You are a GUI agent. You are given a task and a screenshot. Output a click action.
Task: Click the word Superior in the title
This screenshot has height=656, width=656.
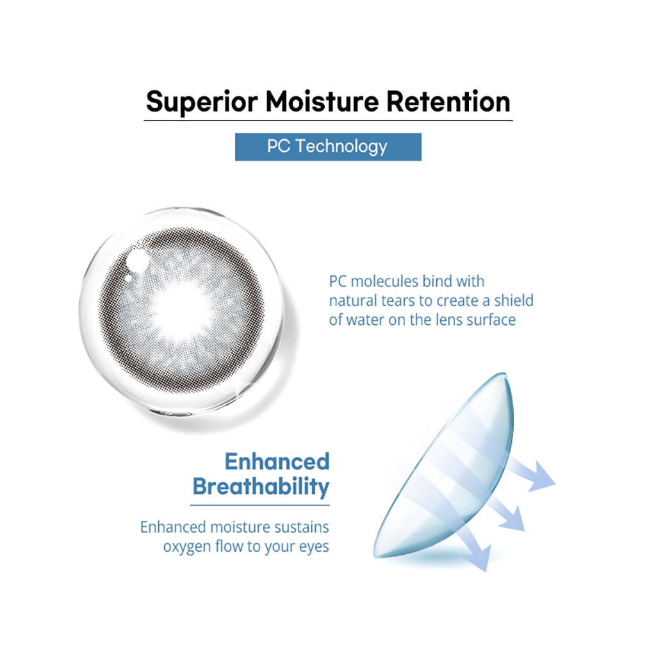coord(202,102)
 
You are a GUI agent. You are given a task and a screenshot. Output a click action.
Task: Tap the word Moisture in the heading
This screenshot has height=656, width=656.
coord(322,101)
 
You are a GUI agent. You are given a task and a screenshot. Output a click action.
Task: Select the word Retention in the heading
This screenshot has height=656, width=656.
coord(448,101)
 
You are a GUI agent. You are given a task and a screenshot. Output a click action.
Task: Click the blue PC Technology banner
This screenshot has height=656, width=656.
coord(328,147)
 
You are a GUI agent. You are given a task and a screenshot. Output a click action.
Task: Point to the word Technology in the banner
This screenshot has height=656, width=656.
coord(341,147)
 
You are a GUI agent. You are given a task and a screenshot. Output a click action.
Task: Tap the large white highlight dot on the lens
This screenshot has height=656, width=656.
coord(137,260)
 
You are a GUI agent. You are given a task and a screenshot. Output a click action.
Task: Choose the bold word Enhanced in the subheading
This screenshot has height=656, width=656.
coord(277,462)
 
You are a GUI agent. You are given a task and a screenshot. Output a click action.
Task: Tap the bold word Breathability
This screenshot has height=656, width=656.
coord(261,487)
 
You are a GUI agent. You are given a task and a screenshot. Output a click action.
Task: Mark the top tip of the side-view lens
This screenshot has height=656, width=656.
coord(505,373)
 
